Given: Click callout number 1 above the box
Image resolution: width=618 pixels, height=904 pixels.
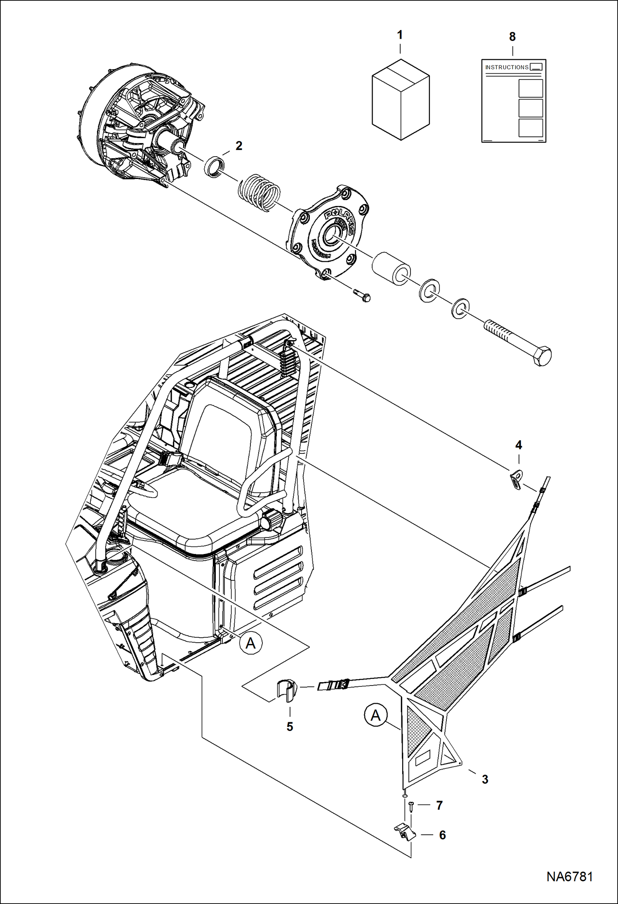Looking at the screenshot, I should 399,35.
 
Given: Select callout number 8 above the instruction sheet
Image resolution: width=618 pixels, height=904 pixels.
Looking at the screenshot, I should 512,37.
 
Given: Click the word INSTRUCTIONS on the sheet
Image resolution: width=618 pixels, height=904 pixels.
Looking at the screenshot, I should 507,67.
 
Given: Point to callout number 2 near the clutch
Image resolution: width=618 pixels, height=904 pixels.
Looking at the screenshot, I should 239,146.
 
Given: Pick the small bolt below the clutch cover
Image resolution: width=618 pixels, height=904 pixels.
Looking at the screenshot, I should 362,295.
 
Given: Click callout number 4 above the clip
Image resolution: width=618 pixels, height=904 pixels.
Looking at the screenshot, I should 519,445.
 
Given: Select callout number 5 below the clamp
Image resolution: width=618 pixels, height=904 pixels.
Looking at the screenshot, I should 290,727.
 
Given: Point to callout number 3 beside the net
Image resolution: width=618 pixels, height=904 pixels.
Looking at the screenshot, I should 485,780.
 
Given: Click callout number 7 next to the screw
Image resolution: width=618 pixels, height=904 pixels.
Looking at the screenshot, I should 439,805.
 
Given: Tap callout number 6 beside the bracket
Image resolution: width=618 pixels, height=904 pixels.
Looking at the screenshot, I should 442,835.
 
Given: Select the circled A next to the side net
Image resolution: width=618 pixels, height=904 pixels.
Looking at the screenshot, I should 375,715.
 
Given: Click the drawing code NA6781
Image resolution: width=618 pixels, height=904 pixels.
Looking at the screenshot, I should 569,876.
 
